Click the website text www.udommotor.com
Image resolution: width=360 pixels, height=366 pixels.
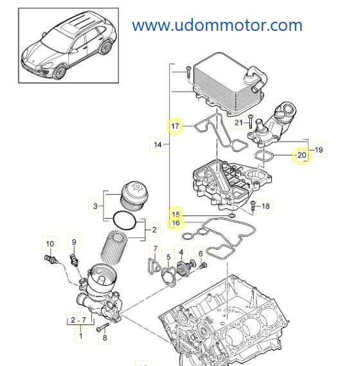click(x=217, y=25)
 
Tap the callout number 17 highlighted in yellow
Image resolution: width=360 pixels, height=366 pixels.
click(x=175, y=125)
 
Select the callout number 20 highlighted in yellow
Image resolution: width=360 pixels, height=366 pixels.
click(x=300, y=156)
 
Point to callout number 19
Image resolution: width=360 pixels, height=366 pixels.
click(x=319, y=150)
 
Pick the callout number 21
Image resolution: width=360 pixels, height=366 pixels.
click(x=239, y=122)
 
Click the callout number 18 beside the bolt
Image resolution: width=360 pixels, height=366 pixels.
click(x=266, y=206)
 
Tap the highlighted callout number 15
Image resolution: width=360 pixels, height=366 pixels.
click(x=175, y=214)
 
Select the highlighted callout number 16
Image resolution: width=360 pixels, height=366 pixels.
click(x=175, y=223)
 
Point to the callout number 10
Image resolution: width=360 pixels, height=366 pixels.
click(x=49, y=243)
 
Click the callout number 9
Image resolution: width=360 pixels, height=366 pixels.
click(x=74, y=242)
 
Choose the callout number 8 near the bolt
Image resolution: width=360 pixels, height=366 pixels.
click(x=105, y=335)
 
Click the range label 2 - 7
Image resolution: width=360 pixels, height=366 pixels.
click(x=78, y=320)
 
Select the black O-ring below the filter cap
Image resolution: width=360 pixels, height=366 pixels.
click(x=124, y=220)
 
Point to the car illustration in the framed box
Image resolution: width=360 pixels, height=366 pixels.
click(x=68, y=49)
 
